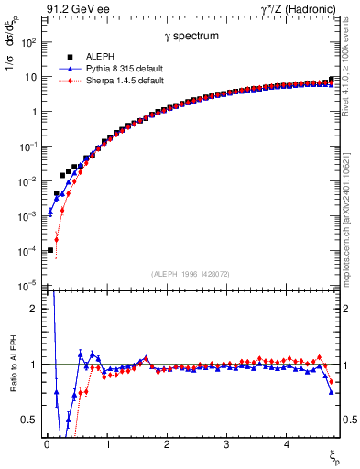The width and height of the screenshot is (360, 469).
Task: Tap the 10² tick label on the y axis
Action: coord(28,42)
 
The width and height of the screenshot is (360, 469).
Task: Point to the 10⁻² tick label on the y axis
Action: coord(28,181)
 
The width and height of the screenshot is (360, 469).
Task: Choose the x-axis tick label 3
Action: coord(226,446)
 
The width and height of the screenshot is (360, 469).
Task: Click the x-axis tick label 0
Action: coord(47,446)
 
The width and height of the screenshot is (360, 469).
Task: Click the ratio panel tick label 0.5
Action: coord(30,420)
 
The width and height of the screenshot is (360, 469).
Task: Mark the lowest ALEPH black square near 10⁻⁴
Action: coord(50,250)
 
